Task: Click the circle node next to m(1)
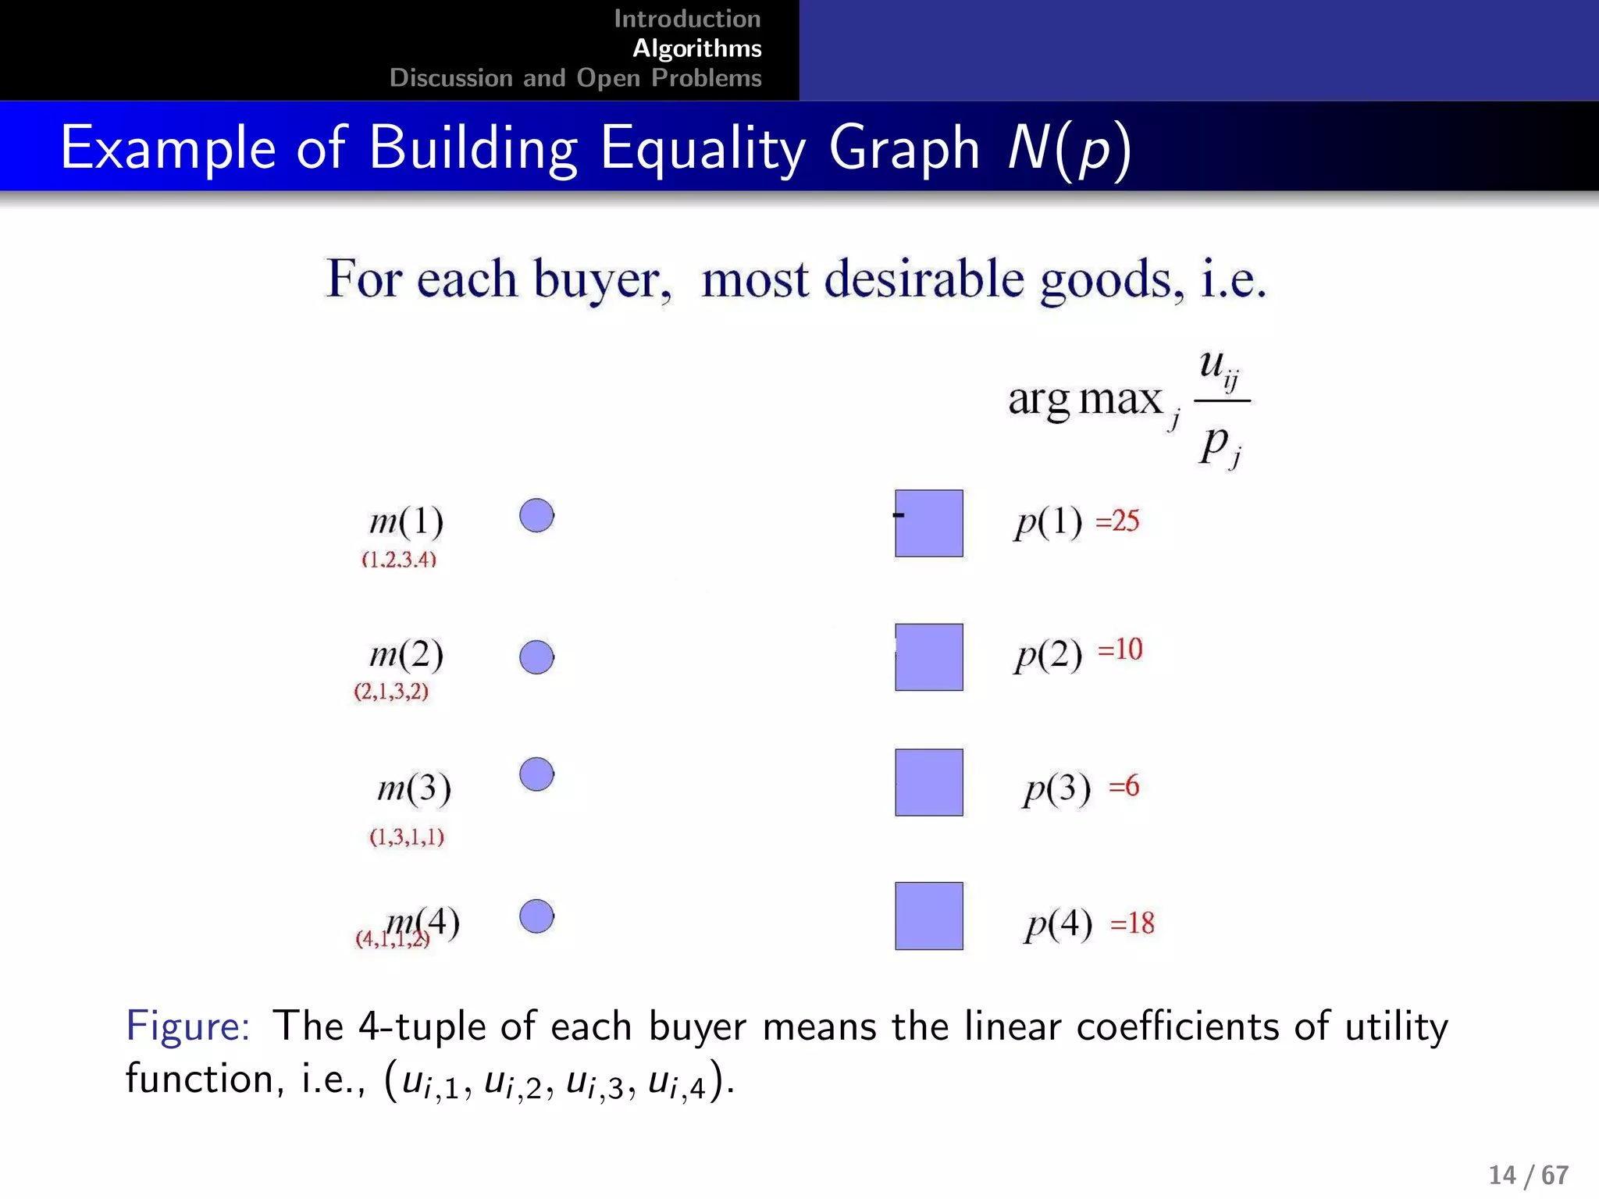coord(536,516)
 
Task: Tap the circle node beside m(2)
coord(536,657)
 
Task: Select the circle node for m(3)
coord(536,774)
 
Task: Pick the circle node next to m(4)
coord(536,916)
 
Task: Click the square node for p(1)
coord(928,523)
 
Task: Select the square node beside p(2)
coord(928,656)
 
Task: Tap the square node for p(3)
coord(928,782)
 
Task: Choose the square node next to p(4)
coord(928,916)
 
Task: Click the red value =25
coord(1117,521)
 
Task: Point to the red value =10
coord(1120,649)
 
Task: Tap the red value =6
coord(1124,786)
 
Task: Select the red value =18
coord(1131,923)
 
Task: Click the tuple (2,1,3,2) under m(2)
coord(391,692)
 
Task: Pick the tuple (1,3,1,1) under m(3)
coord(407,837)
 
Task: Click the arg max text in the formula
coord(1084,400)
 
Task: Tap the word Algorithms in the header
coord(696,48)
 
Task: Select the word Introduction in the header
coord(687,19)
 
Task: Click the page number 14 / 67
coord(1528,1175)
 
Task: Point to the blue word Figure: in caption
coord(187,1025)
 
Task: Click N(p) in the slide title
coord(1068,148)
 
